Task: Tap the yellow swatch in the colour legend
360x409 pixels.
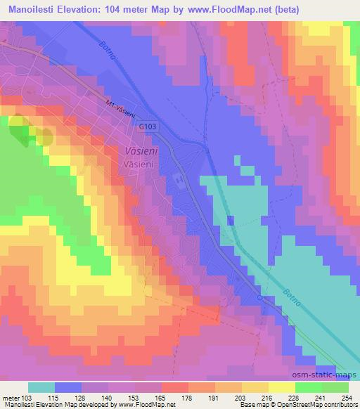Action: click(x=282, y=387)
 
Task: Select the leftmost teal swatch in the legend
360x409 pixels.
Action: click(x=41, y=387)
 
